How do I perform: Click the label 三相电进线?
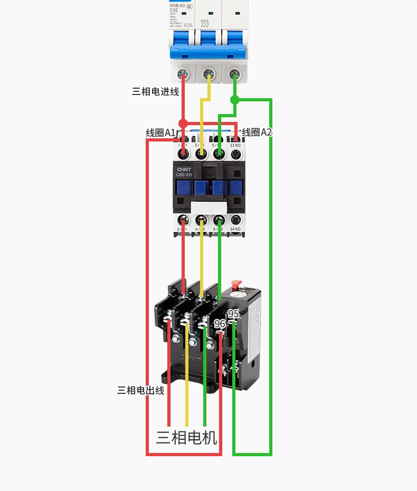pyautogui.click(x=155, y=91)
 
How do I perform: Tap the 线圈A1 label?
pyautogui.click(x=160, y=133)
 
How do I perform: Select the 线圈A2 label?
pyautogui.click(x=257, y=132)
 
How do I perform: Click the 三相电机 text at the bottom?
pyautogui.click(x=186, y=438)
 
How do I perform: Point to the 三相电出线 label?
pyautogui.click(x=140, y=390)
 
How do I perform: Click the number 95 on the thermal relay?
pyautogui.click(x=233, y=314)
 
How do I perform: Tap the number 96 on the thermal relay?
pyautogui.click(x=220, y=324)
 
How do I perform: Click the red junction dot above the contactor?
pyautogui.click(x=183, y=124)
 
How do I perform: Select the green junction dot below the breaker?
pyautogui.click(x=235, y=99)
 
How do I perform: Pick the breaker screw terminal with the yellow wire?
pyautogui.click(x=209, y=74)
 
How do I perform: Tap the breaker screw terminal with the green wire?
pyautogui.click(x=235, y=74)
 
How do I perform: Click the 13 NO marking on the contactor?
pyautogui.click(x=235, y=145)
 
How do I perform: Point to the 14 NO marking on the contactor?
pyautogui.click(x=235, y=229)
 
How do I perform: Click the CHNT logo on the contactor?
pyautogui.click(x=184, y=169)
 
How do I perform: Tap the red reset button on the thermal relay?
pyautogui.click(x=236, y=285)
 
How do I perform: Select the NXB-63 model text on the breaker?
pyautogui.click(x=177, y=6)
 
